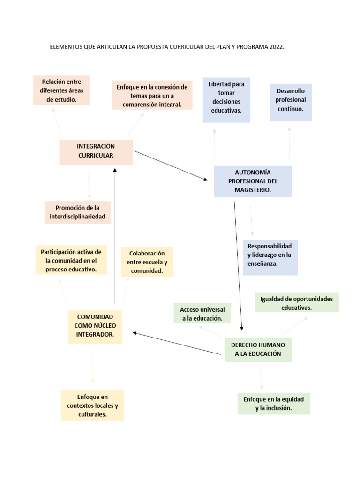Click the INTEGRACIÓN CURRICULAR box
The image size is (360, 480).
click(96, 151)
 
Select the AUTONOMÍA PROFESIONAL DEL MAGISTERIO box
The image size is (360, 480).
click(253, 181)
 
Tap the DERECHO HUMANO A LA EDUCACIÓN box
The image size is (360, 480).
click(258, 350)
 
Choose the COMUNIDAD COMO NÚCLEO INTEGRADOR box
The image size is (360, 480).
click(95, 326)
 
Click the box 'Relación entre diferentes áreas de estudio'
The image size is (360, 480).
click(61, 91)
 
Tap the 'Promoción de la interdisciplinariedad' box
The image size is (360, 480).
click(77, 212)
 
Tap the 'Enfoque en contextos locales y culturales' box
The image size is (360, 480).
click(92, 405)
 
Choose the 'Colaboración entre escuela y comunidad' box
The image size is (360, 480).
click(147, 262)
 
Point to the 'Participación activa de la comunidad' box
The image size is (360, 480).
click(71, 261)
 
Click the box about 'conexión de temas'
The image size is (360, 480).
click(152, 96)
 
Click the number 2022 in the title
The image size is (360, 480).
click(277, 47)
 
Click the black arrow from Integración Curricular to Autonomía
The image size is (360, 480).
click(171, 165)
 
